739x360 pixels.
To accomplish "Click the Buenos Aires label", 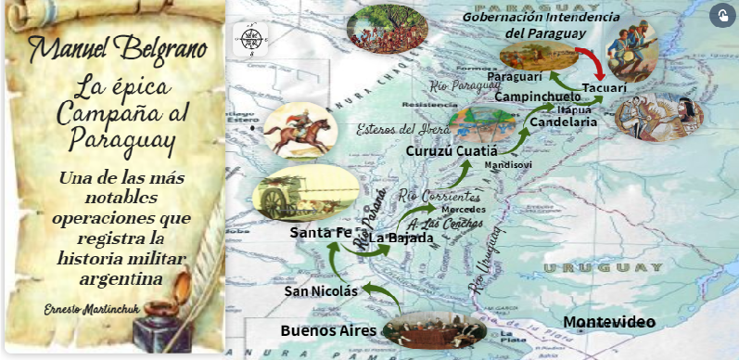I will point(328,329).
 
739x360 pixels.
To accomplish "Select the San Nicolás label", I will point(321,291).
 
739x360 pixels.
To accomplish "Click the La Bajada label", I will point(401,238).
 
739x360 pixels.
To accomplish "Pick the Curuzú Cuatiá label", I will point(452,150).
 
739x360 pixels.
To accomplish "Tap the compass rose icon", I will point(250,40).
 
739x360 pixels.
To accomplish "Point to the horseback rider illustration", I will point(298,129).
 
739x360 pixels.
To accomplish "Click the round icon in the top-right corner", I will point(721,15).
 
